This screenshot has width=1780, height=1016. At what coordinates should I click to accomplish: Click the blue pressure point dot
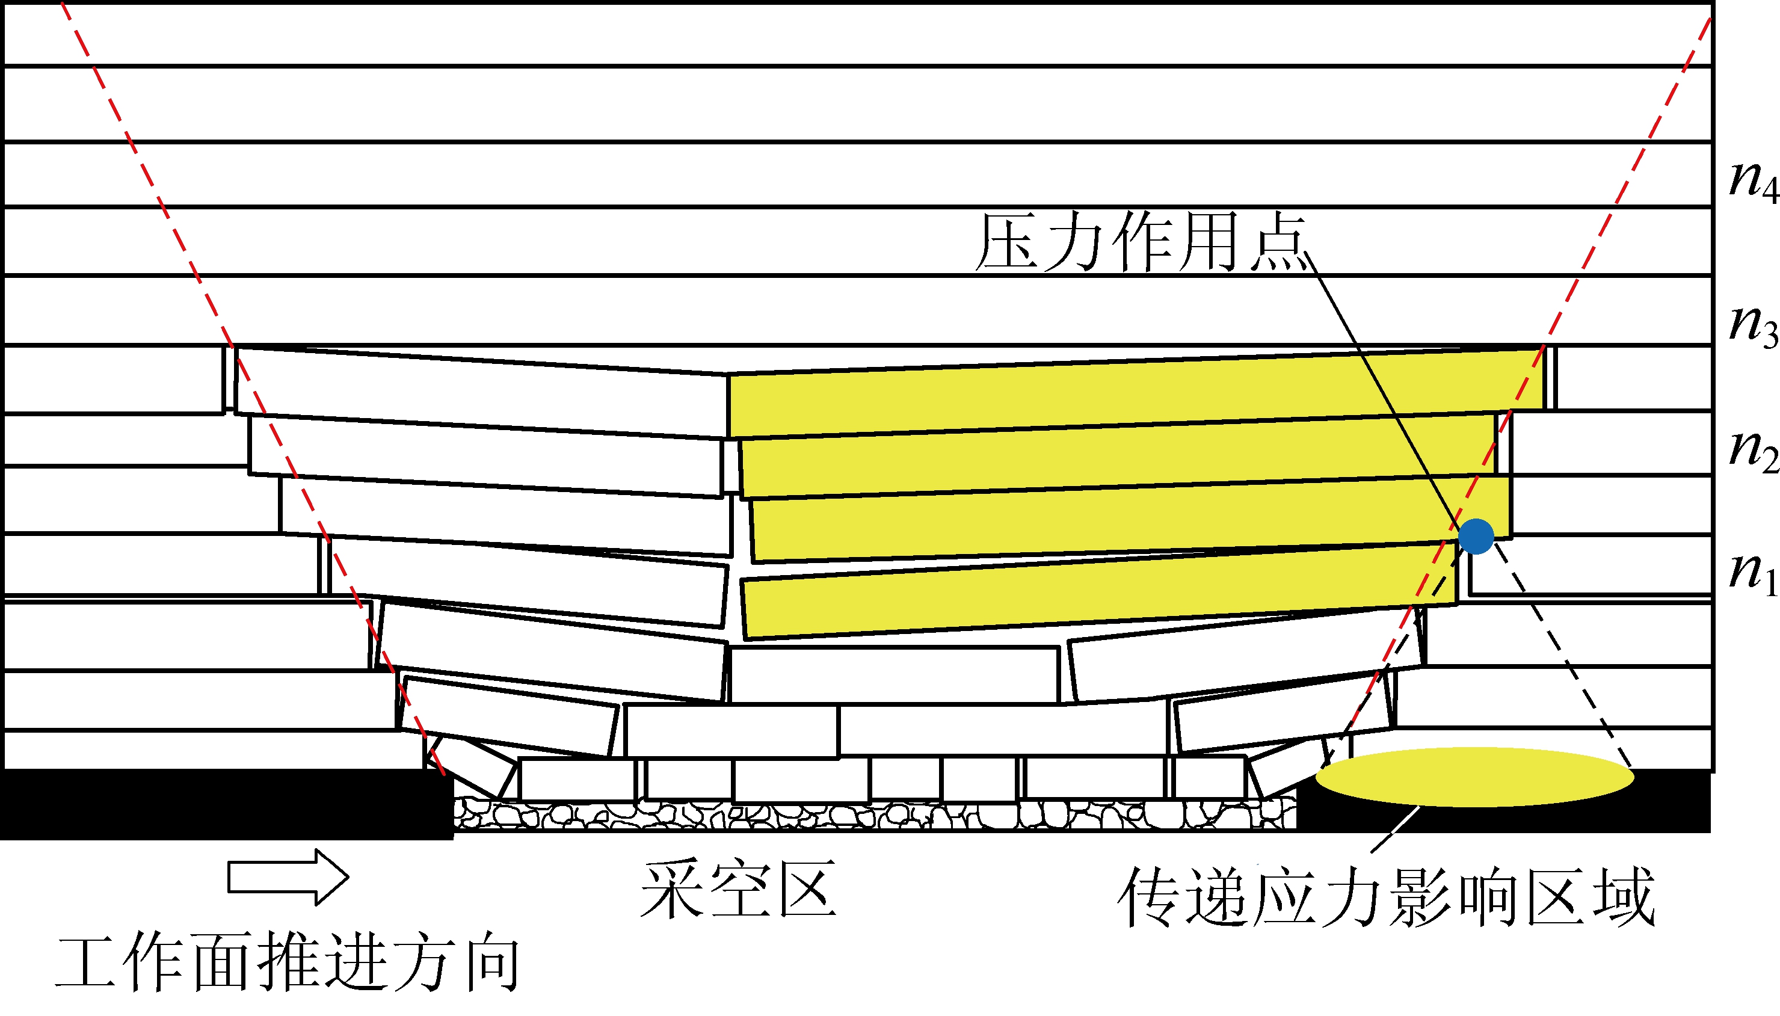pos(1476,537)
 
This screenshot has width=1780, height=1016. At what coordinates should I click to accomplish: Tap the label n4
pos(1754,180)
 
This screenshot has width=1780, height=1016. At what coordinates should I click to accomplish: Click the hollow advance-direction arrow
pos(288,877)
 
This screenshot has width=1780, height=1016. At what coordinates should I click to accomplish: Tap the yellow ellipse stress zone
pos(1474,777)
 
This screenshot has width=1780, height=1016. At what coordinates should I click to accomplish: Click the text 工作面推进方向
pos(288,964)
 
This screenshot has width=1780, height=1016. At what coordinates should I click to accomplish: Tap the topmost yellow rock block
pos(1130,391)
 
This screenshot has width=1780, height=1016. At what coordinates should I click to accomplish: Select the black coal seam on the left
pos(223,802)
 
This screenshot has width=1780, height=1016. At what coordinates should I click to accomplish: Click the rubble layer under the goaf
pos(872,815)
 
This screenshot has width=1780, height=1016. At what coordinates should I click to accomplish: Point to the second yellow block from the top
pos(1116,457)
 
